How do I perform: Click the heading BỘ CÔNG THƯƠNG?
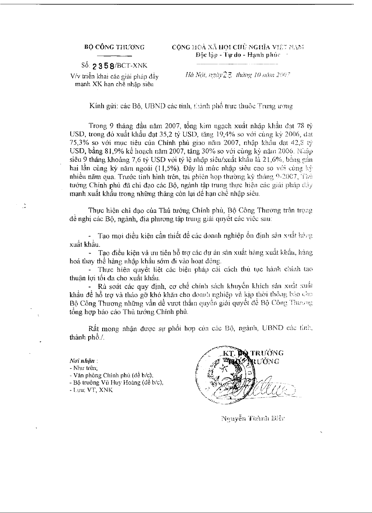point(114,47)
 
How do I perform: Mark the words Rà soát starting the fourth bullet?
point(109,286)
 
